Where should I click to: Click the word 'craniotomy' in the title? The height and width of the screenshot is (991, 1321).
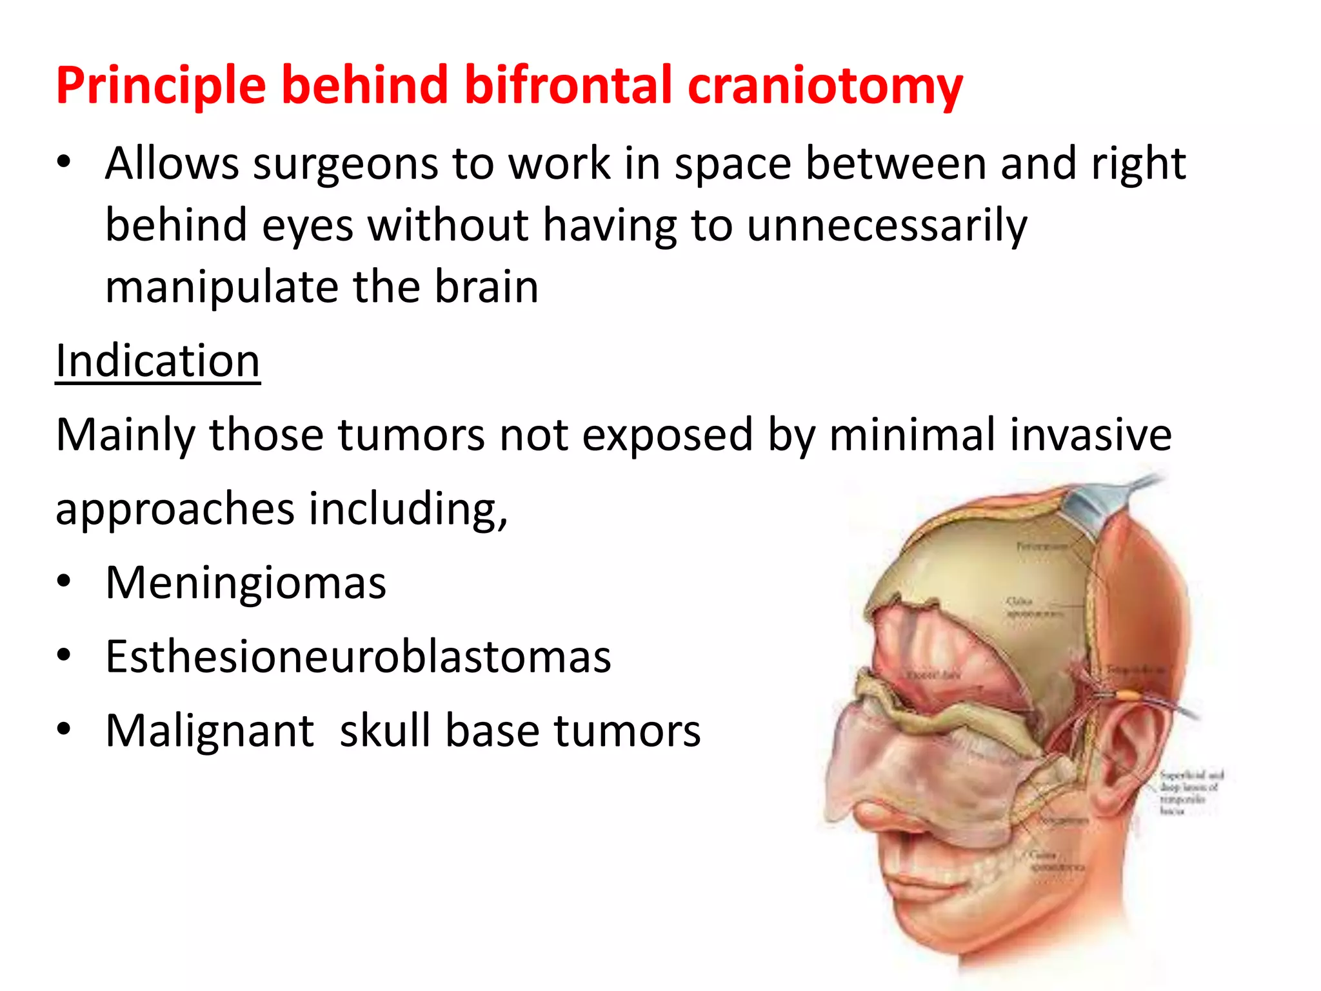(825, 86)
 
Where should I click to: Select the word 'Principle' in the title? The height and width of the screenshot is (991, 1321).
(161, 86)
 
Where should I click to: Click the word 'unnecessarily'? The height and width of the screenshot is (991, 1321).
(887, 226)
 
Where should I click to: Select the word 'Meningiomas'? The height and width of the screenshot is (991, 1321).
(246, 583)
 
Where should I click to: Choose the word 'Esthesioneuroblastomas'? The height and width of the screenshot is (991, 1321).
(358, 657)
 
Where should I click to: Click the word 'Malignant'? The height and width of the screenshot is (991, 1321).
(210, 731)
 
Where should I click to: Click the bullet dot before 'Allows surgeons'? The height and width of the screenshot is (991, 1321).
(63, 163)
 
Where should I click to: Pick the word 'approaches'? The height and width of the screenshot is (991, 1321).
(175, 509)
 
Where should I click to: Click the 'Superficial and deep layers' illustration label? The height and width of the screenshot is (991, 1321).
(1190, 792)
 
